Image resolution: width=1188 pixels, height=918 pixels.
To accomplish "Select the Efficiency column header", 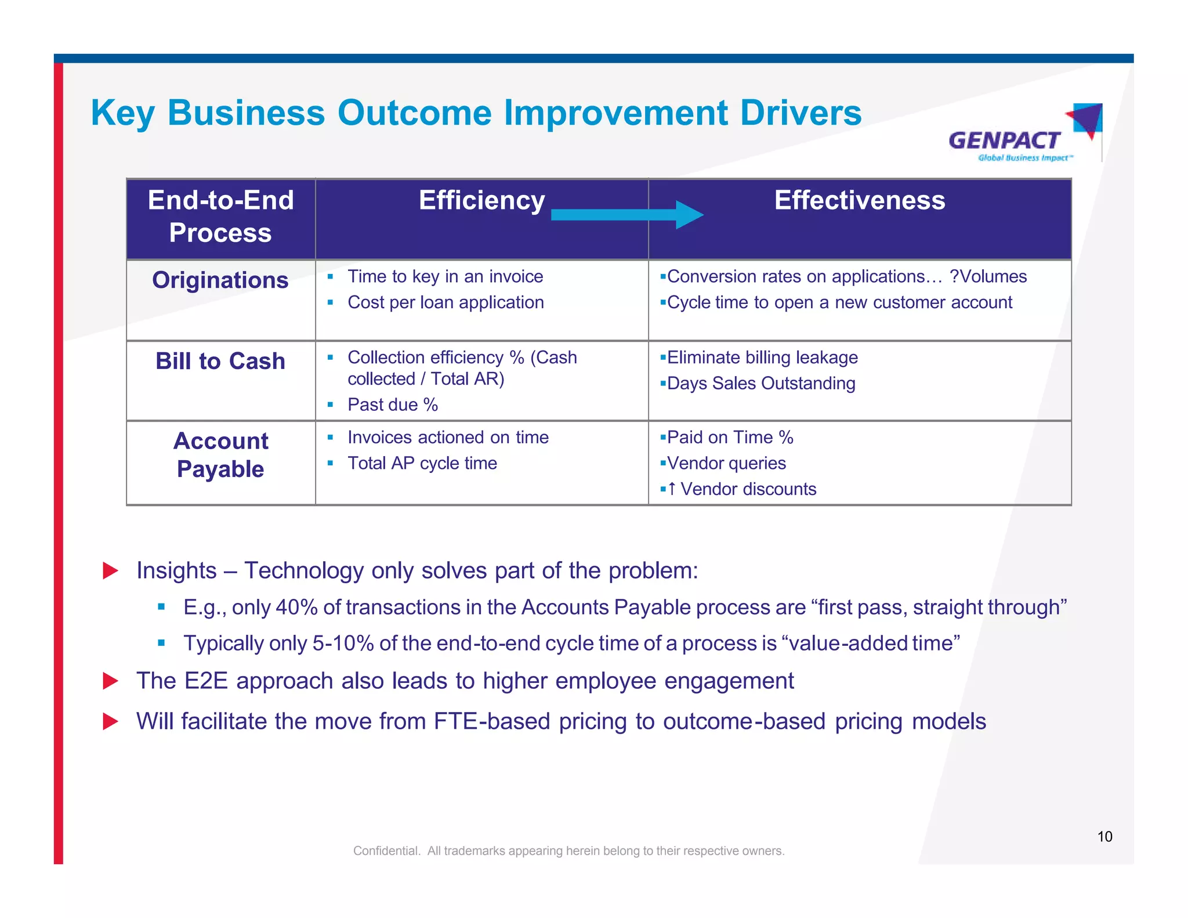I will pyautogui.click(x=481, y=201).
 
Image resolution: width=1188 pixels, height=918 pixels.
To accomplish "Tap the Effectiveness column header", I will pyautogui.click(x=859, y=201).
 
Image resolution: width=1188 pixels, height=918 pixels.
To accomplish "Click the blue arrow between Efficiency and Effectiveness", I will pyautogui.click(x=626, y=215).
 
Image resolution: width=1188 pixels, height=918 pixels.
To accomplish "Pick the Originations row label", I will pyautogui.click(x=220, y=280).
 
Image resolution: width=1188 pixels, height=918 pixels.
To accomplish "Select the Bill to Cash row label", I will pyautogui.click(x=220, y=361).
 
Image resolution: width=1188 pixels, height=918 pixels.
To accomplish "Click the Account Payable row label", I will pyautogui.click(x=220, y=455).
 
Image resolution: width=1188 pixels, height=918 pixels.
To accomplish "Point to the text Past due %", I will pyautogui.click(x=393, y=405).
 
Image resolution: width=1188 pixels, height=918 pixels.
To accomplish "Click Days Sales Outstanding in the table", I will pyautogui.click(x=761, y=384).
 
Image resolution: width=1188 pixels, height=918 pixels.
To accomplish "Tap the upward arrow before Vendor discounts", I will pyautogui.click(x=672, y=489).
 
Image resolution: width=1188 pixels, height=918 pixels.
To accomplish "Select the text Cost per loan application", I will pyautogui.click(x=445, y=302).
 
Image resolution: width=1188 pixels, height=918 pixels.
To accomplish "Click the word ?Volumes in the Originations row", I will pyautogui.click(x=988, y=277).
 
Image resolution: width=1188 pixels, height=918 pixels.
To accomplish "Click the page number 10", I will pyautogui.click(x=1104, y=836).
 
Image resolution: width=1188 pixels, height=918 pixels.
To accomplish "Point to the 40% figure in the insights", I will pyautogui.click(x=296, y=608).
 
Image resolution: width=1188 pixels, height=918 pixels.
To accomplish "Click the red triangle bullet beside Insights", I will pyautogui.click(x=110, y=570).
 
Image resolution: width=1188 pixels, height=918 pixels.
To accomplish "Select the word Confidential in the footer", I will pyautogui.click(x=386, y=851).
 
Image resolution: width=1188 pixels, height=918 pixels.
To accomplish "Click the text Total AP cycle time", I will pyautogui.click(x=422, y=464).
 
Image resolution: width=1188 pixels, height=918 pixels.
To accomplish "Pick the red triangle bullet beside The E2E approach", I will pyautogui.click(x=110, y=681).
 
